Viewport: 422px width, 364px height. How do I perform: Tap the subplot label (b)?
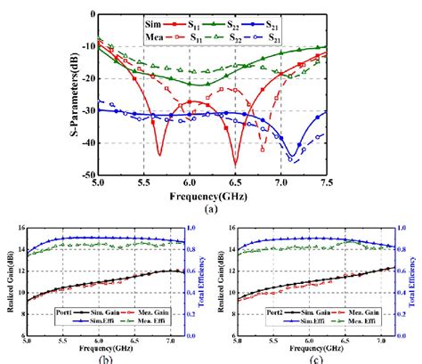click(111, 358)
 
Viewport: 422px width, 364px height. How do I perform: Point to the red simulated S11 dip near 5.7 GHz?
click(159, 153)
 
